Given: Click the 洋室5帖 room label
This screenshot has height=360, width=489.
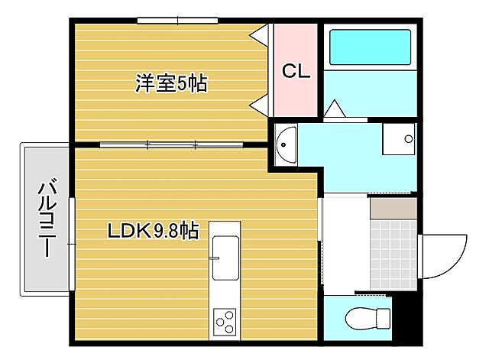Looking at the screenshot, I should click(x=172, y=83).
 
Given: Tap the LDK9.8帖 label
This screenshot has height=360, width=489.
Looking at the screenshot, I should click(x=153, y=229).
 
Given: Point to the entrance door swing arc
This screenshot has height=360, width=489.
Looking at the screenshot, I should click(x=446, y=257).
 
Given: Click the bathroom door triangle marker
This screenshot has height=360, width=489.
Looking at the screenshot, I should click(x=335, y=109).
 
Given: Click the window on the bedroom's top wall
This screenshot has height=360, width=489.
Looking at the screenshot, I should click(x=177, y=20).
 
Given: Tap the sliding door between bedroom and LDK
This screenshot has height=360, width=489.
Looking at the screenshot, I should click(x=172, y=144).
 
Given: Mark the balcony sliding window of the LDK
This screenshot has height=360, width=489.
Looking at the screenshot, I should click(x=71, y=243).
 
